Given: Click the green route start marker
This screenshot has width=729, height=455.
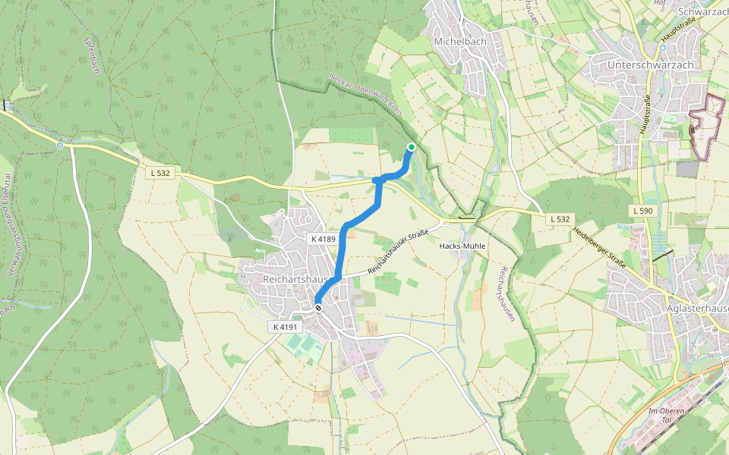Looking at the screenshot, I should [411, 147].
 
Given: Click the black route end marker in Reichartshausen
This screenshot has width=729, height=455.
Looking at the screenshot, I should [318, 307].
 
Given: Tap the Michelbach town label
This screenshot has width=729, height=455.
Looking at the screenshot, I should [459, 41].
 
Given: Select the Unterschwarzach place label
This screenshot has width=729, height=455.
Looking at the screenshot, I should [650, 65].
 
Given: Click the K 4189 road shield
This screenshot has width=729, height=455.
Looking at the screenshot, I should [323, 239].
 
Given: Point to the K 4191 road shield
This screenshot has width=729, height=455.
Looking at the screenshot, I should [286, 327].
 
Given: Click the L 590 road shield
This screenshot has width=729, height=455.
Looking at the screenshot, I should [642, 210].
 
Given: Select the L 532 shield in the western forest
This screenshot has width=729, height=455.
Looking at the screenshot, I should [160, 174].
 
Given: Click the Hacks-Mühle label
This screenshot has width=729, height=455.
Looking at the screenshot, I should [462, 246].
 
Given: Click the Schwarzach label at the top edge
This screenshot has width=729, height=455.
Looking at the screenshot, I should [702, 11].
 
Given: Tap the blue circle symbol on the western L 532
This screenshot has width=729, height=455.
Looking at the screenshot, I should [60, 145].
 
